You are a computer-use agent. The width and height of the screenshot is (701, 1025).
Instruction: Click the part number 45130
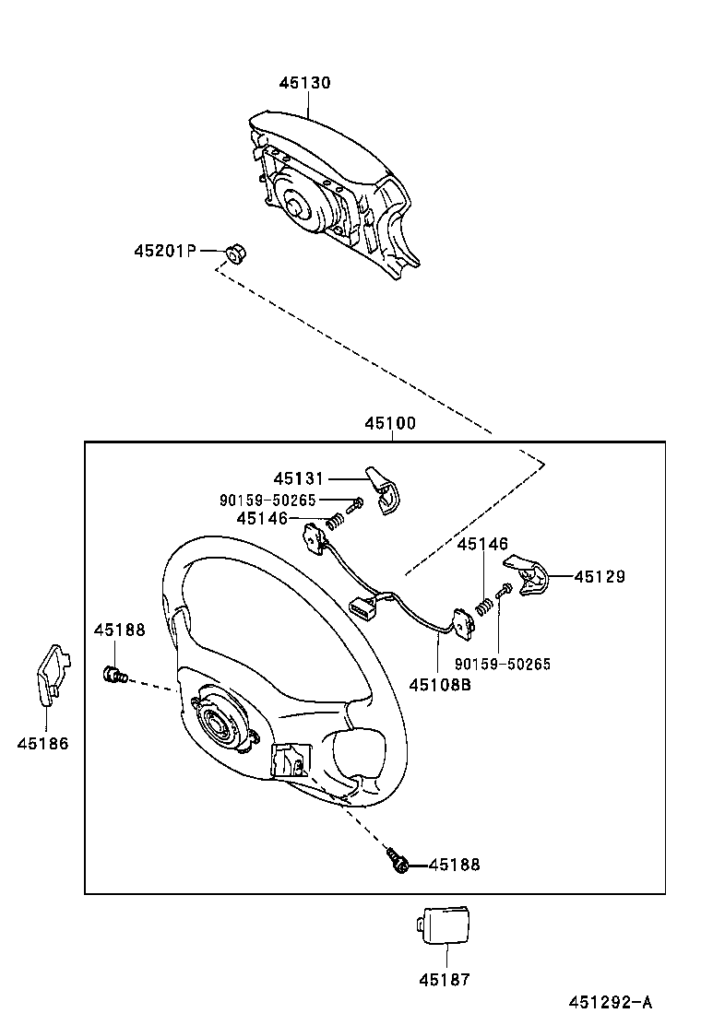[x=305, y=83]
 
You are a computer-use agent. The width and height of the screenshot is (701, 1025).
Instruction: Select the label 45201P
[x=165, y=251]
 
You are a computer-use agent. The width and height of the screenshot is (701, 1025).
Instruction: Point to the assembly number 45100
[x=390, y=424]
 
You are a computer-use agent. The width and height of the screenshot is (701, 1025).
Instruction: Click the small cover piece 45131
[x=383, y=485]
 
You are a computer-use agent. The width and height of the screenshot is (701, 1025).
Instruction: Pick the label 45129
[x=600, y=576]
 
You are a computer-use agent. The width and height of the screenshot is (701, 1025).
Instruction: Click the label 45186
[x=42, y=743]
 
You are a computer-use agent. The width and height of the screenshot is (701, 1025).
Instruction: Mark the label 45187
[x=444, y=980]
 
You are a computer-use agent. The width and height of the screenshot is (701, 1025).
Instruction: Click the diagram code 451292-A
[x=610, y=1003]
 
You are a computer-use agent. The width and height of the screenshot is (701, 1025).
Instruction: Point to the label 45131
[x=299, y=478]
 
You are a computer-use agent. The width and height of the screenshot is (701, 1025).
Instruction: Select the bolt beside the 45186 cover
[x=113, y=677]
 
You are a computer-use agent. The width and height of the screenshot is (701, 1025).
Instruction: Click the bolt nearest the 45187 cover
[x=398, y=862]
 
